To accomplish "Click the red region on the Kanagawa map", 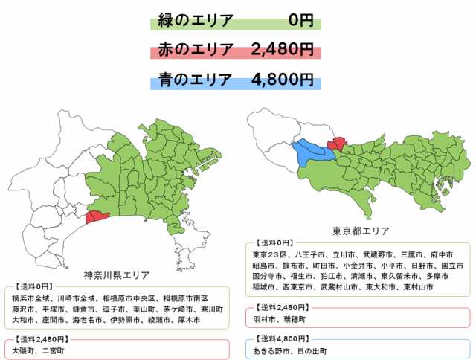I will [x=97, y=217].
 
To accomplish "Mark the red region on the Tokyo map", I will [x=338, y=144].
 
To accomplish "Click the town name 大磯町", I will [x=28, y=349].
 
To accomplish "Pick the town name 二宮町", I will [x=60, y=349].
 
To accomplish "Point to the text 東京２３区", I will [x=269, y=255].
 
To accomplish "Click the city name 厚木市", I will [x=196, y=321].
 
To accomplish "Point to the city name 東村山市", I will [x=416, y=286].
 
